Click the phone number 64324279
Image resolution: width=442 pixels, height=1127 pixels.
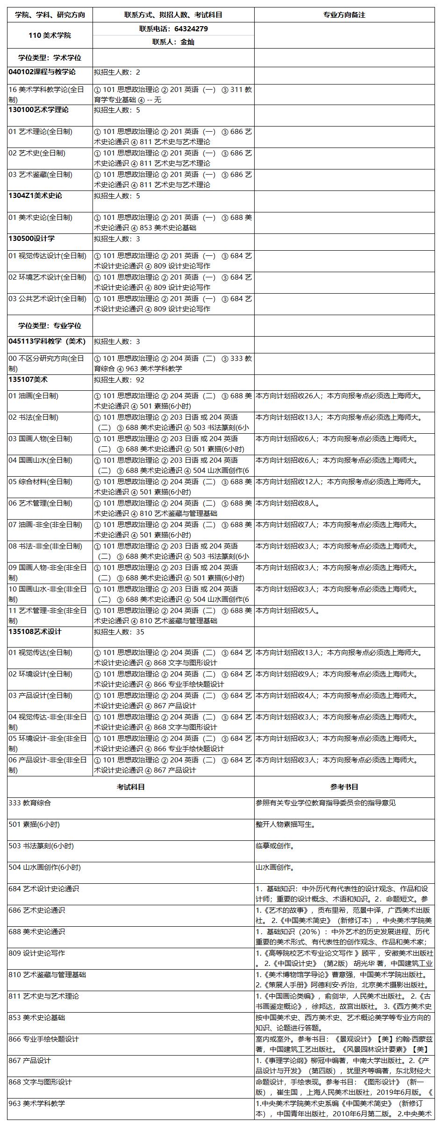pyautogui.click(x=191, y=29)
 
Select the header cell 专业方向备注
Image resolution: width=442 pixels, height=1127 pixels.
pyautogui.click(x=344, y=15)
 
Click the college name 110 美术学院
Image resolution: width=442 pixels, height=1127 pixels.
pyautogui.click(x=50, y=35)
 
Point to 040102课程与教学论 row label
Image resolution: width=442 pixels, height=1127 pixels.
pyautogui.click(x=42, y=72)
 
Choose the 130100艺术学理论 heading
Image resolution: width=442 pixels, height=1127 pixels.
pyautogui.click(x=38, y=110)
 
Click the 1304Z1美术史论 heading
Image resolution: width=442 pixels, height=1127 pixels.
pyautogui.click(x=35, y=196)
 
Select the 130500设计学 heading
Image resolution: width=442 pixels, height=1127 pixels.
pyautogui.click(x=31, y=239)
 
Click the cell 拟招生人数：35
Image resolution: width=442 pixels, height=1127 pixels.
pyautogui.click(x=119, y=632)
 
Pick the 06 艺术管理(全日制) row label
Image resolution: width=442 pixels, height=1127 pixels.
pyautogui.click(x=40, y=503)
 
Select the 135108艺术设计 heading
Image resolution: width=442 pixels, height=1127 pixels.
pyautogui.click(x=35, y=632)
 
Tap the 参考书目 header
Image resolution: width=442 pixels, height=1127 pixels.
pyautogui.click(x=344, y=787)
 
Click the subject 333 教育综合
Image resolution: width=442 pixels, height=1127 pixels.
pyautogui.click(x=29, y=803)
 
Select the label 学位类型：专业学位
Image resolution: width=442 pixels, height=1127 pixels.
pyautogui.click(x=50, y=326)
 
